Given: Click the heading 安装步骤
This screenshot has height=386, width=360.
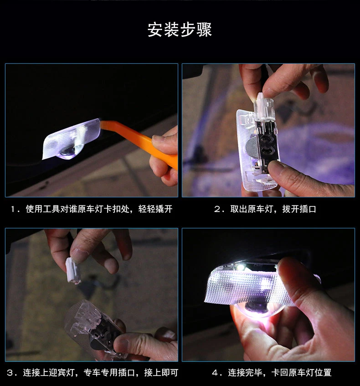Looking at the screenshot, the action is pyautogui.click(x=180, y=30).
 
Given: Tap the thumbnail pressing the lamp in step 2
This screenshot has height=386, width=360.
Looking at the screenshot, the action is pyautogui.click(x=274, y=166).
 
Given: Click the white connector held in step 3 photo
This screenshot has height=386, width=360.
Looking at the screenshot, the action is pyautogui.click(x=73, y=270).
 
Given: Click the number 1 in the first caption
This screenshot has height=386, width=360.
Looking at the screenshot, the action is pyautogui.click(x=13, y=209).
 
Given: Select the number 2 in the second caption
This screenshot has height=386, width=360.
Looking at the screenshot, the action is pyautogui.click(x=217, y=209).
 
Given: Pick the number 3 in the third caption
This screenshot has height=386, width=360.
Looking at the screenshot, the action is pyautogui.click(x=10, y=373).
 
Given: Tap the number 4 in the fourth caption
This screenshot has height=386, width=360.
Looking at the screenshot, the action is pyautogui.click(x=215, y=373).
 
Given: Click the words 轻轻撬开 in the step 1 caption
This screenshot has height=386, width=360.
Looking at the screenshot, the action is pyautogui.click(x=155, y=209).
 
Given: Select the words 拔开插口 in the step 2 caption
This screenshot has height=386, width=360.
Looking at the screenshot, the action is pyautogui.click(x=299, y=209).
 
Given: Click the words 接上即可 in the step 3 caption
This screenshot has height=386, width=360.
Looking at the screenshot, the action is pyautogui.click(x=161, y=372).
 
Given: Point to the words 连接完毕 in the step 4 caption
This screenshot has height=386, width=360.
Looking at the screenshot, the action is pyautogui.click(x=245, y=372).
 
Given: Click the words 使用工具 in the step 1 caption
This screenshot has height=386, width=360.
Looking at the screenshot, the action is pyautogui.click(x=43, y=209).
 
